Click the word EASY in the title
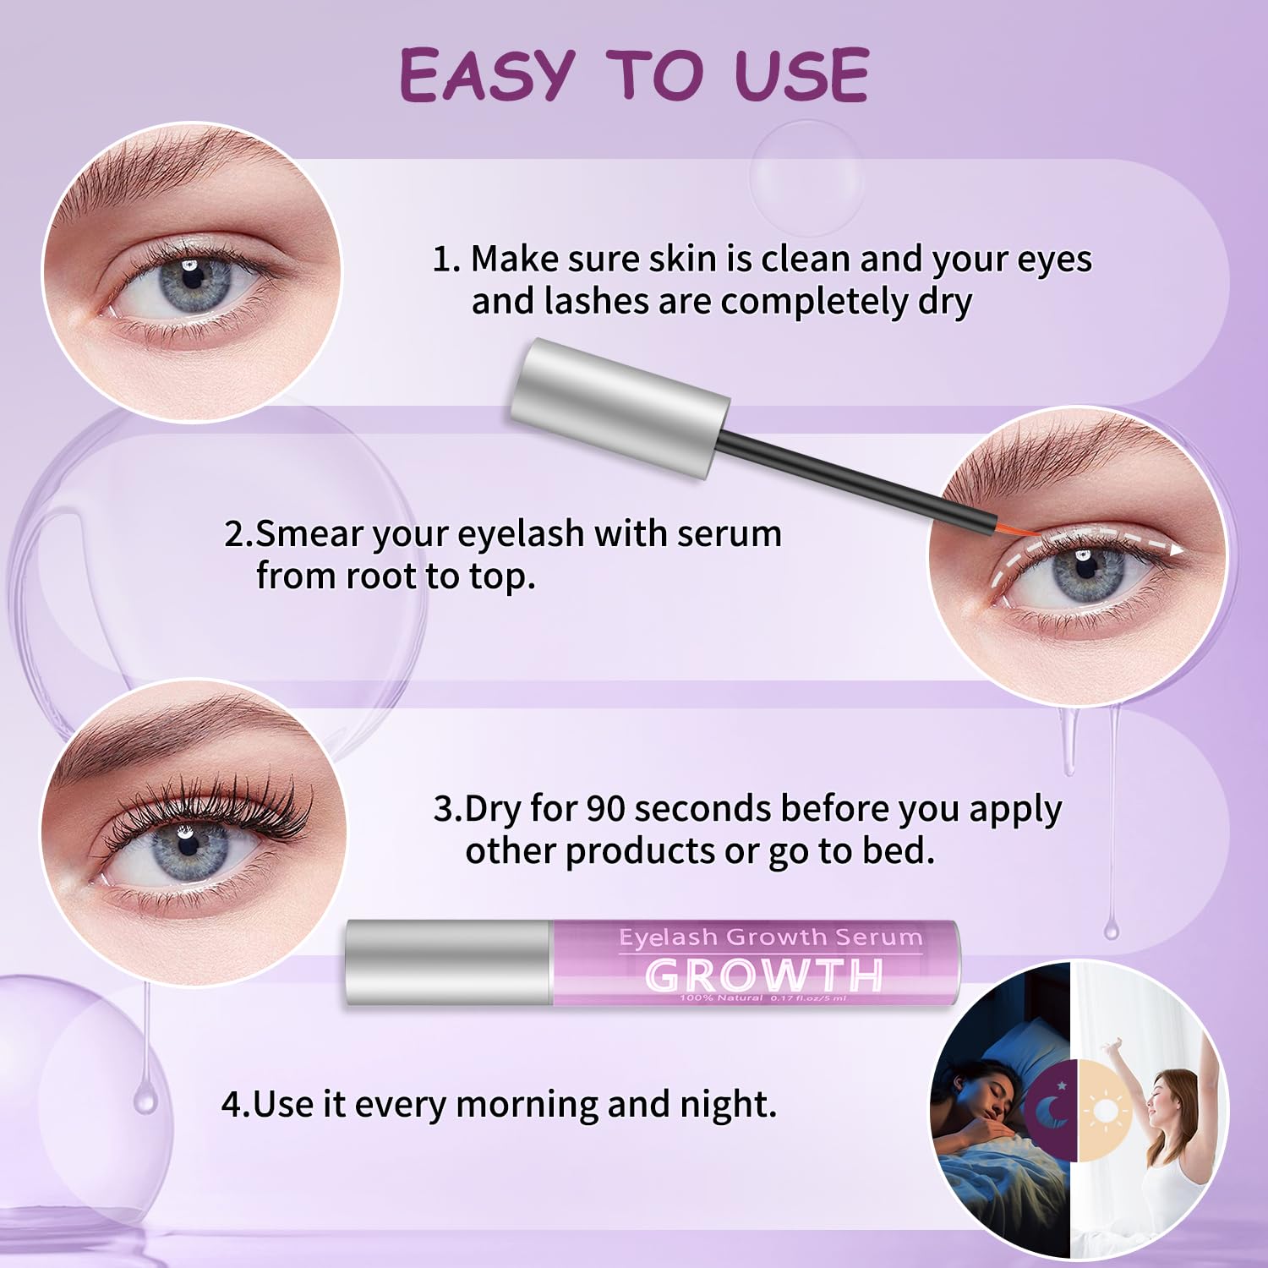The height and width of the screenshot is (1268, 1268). coord(487,74)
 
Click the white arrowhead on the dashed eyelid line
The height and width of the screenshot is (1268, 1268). coord(1174,548)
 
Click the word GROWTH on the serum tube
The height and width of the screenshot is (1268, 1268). coord(763,976)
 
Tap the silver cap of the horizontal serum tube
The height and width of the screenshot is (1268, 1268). coord(448,964)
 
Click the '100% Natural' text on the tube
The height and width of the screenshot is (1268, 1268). coord(720,998)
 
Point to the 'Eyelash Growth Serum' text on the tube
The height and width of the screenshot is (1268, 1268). coord(770,937)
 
